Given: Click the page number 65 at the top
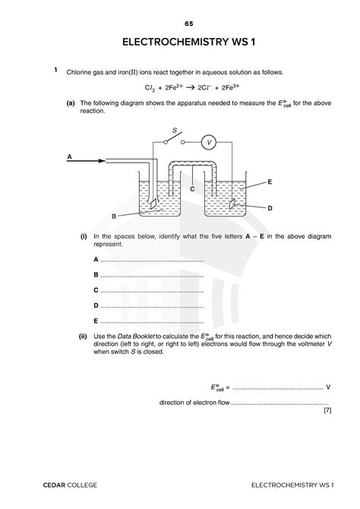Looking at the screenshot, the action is point(179,24).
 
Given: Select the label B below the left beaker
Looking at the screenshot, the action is point(113,217).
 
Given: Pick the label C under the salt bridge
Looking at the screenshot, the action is point(193,188).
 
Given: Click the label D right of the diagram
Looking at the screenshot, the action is point(270,207).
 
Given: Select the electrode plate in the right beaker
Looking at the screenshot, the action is point(233,204).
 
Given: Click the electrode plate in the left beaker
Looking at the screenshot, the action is point(153,204).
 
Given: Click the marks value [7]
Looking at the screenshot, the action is point(327,411).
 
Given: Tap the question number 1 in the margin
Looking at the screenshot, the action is point(56,71).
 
